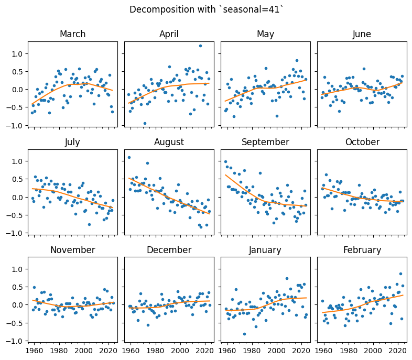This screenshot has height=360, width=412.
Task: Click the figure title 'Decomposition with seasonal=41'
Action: click(x=206, y=9)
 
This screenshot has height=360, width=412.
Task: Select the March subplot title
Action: click(x=72, y=35)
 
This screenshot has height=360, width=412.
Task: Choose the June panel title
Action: click(x=362, y=35)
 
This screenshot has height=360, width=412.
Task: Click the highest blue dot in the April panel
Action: click(x=200, y=46)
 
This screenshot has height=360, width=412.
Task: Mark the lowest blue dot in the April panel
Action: click(x=145, y=124)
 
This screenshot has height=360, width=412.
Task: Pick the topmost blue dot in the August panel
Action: click(x=129, y=158)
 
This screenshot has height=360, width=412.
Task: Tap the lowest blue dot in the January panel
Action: click(x=244, y=334)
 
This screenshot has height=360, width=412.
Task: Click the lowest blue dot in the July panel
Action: click(x=90, y=224)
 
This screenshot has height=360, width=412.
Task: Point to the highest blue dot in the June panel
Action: click(x=364, y=69)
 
